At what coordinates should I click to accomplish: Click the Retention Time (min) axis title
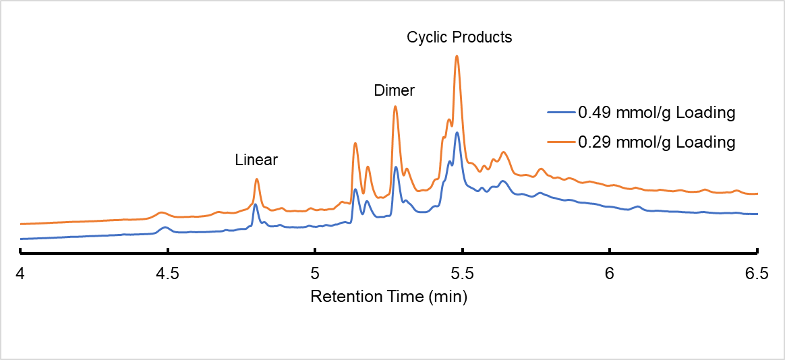pos(388,296)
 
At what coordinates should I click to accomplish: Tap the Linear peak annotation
pos(256,160)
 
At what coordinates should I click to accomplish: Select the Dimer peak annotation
pos(395,90)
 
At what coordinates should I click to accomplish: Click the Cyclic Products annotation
pos(459,37)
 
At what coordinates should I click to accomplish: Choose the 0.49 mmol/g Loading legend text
pos(656,113)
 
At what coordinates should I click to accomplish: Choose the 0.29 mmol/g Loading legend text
pos(656,142)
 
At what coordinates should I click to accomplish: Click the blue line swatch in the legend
pos(561,113)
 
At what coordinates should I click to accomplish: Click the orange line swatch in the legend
pos(561,142)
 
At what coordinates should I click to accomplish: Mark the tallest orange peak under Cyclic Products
pos(457,56)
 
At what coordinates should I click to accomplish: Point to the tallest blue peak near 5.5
pos(457,132)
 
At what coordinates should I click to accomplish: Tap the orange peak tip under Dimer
pos(395,106)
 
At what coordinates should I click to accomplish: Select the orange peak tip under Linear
pos(256,179)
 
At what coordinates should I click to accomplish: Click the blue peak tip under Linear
pos(255,204)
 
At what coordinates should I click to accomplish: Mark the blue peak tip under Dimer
pos(395,167)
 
